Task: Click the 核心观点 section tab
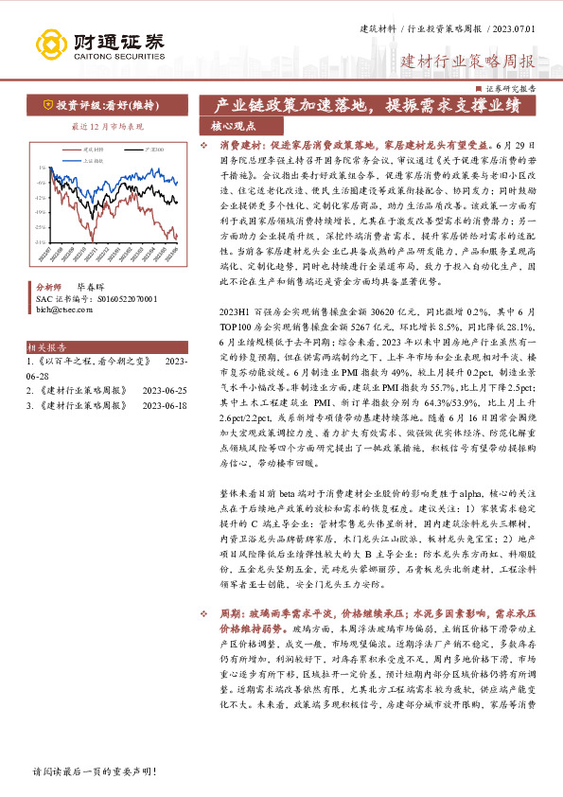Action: click(x=233, y=125)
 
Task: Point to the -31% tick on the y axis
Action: click(x=41, y=242)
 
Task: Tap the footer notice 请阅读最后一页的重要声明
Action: click(x=93, y=770)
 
